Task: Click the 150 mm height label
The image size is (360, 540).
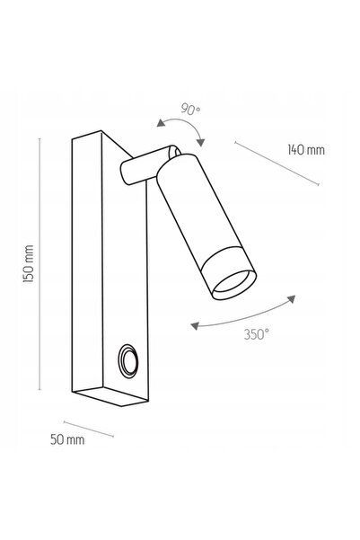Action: [x=28, y=264]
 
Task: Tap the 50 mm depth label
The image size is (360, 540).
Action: [x=67, y=439]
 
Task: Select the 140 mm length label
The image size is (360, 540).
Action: [x=306, y=150]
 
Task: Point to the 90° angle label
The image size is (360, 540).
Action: [x=190, y=110]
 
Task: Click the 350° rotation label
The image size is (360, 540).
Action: [x=257, y=334]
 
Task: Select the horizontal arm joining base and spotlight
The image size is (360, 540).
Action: [x=148, y=165]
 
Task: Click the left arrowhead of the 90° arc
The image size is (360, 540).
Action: [x=160, y=123]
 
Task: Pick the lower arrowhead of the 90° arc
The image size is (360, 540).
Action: [x=201, y=143]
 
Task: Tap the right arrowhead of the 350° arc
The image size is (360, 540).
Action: [x=292, y=299]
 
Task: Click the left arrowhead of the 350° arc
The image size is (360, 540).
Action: [x=195, y=325]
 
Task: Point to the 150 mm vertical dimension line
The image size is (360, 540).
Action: [x=40, y=264]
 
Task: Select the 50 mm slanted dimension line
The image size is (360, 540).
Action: [x=89, y=429]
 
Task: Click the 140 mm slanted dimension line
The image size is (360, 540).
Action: [x=277, y=164]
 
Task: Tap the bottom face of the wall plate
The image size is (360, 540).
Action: [x=110, y=396]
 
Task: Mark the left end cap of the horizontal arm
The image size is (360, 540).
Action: [x=125, y=173]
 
